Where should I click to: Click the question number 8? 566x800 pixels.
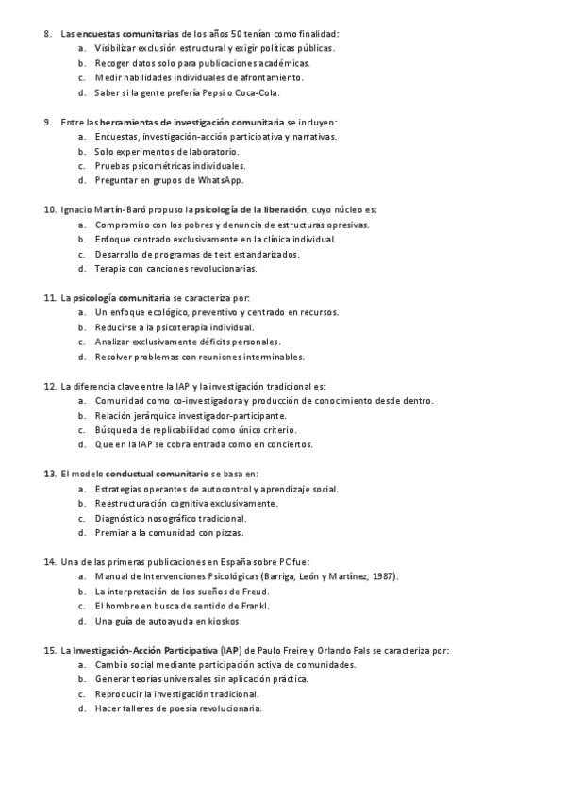(47, 33)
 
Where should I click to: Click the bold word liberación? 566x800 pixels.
(286, 209)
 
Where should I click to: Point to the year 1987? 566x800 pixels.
(386, 576)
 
